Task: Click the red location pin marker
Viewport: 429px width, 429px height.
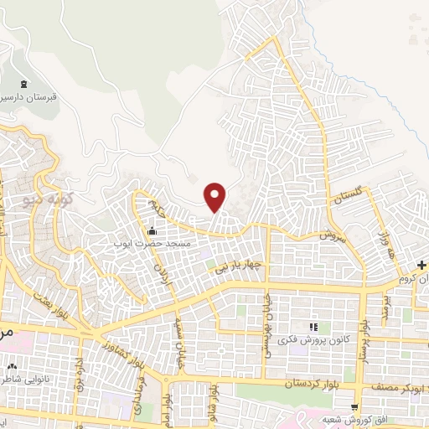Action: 215,197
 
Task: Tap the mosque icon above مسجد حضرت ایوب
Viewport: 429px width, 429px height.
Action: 152,231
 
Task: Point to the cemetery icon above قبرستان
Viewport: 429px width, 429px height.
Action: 23,83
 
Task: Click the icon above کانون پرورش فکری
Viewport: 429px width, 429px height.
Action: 313,326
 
